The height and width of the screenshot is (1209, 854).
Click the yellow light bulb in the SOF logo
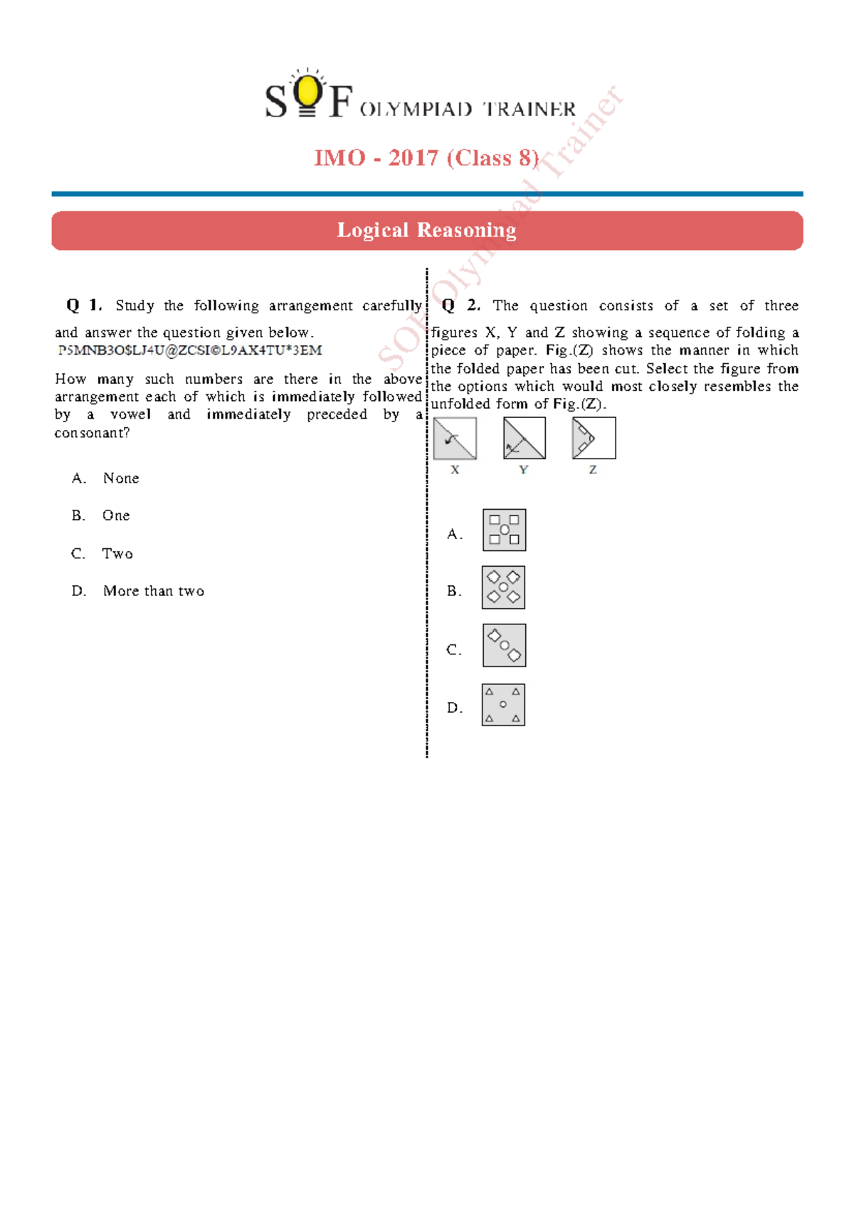click(x=307, y=91)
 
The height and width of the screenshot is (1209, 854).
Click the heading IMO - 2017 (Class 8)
click(x=426, y=157)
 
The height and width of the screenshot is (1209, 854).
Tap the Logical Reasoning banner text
click(x=426, y=230)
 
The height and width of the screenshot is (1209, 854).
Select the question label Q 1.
click(x=84, y=305)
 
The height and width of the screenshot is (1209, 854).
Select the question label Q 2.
click(x=460, y=305)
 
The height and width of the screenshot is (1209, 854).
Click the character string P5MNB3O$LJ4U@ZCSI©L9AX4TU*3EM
click(x=190, y=350)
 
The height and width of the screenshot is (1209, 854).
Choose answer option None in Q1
click(x=121, y=478)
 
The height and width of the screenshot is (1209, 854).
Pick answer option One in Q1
click(x=116, y=515)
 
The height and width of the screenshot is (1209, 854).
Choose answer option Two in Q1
click(x=117, y=554)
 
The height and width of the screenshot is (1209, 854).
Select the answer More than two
click(x=154, y=591)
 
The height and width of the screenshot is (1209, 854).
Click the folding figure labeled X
click(x=455, y=439)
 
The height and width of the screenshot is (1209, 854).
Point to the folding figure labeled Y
click(x=524, y=439)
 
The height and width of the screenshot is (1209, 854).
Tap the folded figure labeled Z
click(x=594, y=439)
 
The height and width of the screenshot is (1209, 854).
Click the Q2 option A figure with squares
click(x=504, y=530)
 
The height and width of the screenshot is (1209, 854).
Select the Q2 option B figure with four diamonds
click(x=503, y=587)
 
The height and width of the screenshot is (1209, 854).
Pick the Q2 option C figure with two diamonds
click(x=504, y=645)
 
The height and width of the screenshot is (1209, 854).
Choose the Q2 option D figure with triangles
click(x=503, y=705)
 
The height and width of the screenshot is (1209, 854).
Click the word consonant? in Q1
click(x=92, y=433)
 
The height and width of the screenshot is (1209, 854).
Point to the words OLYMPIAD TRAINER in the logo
click(x=468, y=110)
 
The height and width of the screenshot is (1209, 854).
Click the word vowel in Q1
click(x=130, y=414)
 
